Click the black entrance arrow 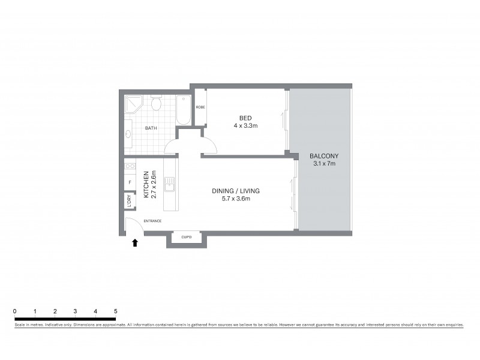pyautogui.click(x=135, y=242)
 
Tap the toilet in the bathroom pyautogui.click(x=156, y=104)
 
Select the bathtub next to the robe pyautogui.click(x=184, y=110)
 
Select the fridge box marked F pyautogui.click(x=130, y=182)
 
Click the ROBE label pyautogui.click(x=200, y=107)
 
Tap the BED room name pyautogui.click(x=245, y=118)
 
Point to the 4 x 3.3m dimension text pyautogui.click(x=245, y=126)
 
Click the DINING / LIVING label pyautogui.click(x=235, y=191)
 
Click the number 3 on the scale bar pyautogui.click(x=75, y=311)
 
